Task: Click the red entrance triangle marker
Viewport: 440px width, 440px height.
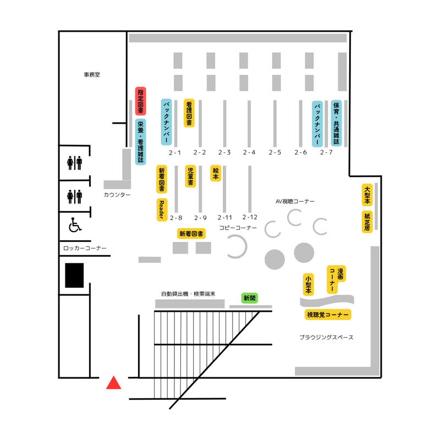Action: [x=113, y=383]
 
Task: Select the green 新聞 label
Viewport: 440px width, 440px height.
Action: [x=250, y=298]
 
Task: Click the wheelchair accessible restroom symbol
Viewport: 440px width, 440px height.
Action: [x=74, y=225]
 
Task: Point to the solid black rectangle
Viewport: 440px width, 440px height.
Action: [x=74, y=275]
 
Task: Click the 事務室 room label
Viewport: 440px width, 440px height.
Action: [x=92, y=74]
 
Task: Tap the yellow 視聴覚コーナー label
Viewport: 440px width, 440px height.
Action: [x=328, y=315]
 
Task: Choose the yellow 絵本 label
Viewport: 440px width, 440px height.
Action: [x=216, y=173]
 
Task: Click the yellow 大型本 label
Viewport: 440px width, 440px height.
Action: [x=367, y=195]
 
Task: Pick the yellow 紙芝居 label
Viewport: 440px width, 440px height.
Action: [x=367, y=221]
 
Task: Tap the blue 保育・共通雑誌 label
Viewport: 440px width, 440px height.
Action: [x=336, y=123]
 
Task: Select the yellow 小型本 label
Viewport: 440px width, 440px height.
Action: [x=308, y=284]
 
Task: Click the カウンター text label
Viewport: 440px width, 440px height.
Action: [x=117, y=195]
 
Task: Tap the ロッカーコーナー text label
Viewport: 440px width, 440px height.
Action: [x=85, y=249]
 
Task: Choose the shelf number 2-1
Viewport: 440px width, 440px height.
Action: [x=175, y=152]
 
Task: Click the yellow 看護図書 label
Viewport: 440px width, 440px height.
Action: [x=189, y=113]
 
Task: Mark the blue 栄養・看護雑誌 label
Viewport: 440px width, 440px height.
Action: [x=140, y=142]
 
